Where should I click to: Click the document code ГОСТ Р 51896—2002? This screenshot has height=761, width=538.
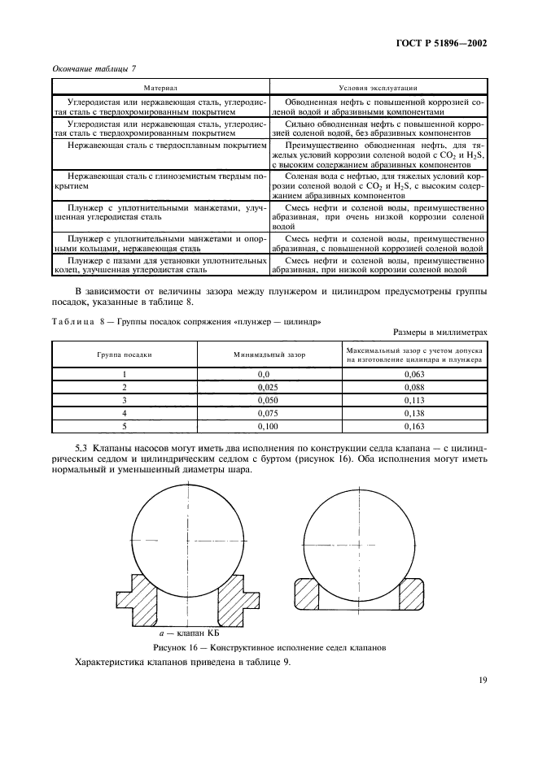pyautogui.click(x=441, y=45)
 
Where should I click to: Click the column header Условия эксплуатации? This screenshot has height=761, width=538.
pyautogui.click(x=378, y=86)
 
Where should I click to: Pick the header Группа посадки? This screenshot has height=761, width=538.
pyautogui.click(x=125, y=354)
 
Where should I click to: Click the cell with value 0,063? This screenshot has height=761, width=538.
pyautogui.click(x=415, y=373)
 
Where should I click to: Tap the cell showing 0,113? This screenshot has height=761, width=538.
pyautogui.click(x=415, y=401)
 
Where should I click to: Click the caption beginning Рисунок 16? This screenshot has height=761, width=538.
pyautogui.click(x=269, y=647)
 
